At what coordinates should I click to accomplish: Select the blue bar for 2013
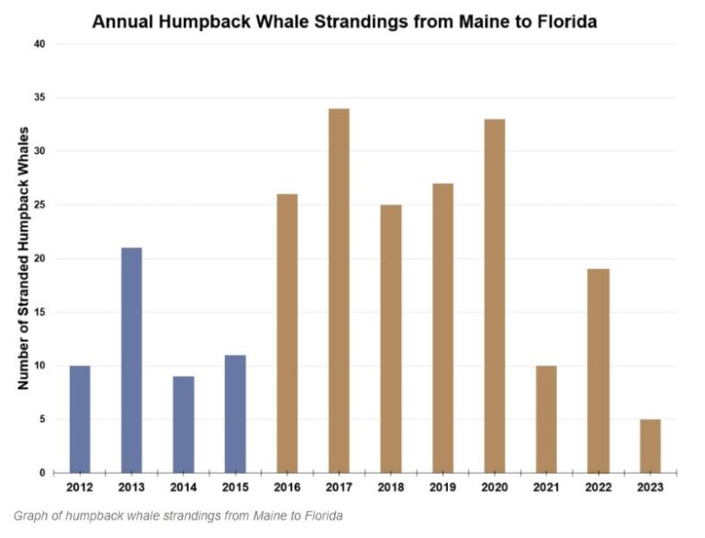(130, 360)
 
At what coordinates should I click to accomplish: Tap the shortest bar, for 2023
(650, 446)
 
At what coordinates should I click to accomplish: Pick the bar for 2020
(494, 296)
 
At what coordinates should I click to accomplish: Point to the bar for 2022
(598, 371)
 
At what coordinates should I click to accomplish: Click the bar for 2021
(546, 419)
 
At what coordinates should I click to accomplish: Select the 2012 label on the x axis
(79, 487)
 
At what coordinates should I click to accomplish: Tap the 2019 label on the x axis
(442, 487)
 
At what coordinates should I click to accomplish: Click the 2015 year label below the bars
(235, 487)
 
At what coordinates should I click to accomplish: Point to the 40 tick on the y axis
(38, 44)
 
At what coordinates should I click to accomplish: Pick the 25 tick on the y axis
(38, 205)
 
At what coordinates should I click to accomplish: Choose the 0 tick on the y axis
(41, 473)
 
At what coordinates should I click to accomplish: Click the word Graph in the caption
(33, 516)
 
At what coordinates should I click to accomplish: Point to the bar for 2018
(390, 339)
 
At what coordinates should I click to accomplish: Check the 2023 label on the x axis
(650, 487)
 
